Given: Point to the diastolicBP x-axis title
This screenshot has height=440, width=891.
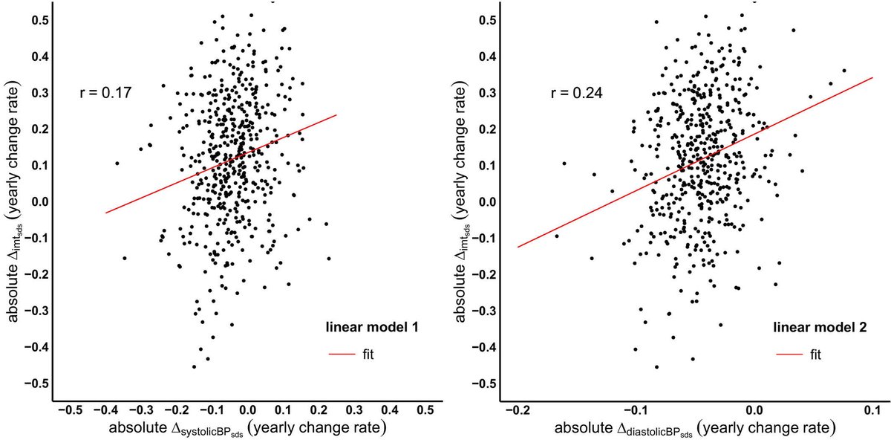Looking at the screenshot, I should click(695, 428).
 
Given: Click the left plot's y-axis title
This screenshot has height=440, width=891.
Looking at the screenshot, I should click(14, 201).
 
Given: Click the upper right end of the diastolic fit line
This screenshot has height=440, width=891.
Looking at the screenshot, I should click(872, 77).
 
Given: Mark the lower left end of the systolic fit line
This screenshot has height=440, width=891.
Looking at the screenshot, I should click(105, 213).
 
